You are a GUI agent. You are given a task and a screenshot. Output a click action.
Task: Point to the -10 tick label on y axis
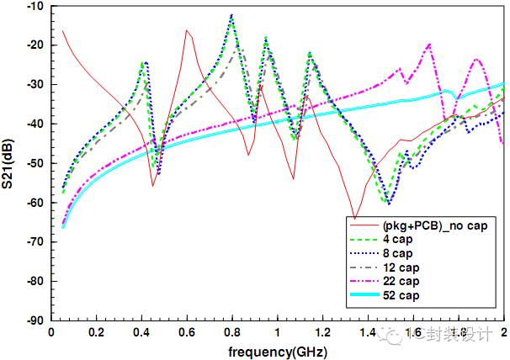(35, 7)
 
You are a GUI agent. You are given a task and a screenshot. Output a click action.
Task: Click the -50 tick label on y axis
(35, 163)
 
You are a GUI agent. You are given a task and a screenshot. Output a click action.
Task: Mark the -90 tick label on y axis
(35, 320)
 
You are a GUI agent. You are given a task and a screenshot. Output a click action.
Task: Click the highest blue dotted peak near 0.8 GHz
(231, 15)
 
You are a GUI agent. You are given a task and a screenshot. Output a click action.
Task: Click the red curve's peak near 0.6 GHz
(187, 31)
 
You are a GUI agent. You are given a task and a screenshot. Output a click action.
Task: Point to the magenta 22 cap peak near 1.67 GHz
(429, 45)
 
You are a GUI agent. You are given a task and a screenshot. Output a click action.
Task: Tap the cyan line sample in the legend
(364, 294)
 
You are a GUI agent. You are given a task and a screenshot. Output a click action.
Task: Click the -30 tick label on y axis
(35, 85)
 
